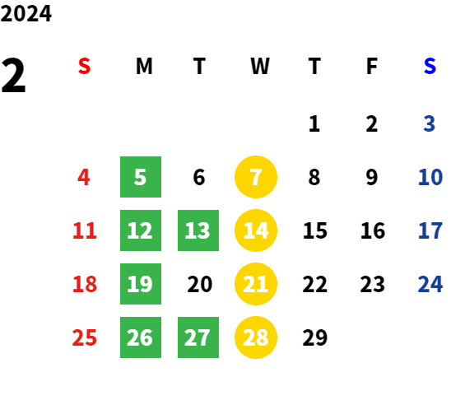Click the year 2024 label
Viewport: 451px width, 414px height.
coord(26,13)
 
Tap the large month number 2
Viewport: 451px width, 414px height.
coord(13,75)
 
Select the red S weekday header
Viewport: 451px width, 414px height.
coord(84,66)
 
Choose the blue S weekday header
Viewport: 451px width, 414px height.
coord(430,66)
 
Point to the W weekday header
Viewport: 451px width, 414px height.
coord(260,66)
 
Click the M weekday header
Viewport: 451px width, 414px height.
coord(144,66)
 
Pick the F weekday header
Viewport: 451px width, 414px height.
coord(372,66)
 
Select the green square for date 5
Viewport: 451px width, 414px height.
coord(141,177)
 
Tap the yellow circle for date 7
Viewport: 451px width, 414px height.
coord(256,177)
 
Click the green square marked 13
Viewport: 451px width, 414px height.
coord(198,230)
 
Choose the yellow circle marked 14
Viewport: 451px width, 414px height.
coord(256,230)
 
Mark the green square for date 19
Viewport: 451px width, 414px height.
coord(141,284)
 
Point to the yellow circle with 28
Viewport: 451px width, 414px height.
coord(256,337)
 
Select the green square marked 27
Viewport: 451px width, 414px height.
coord(198,337)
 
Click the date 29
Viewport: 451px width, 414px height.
coord(315,337)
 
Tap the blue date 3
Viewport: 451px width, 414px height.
coord(430,123)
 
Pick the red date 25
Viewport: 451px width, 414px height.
coord(84,337)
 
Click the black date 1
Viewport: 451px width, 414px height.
coord(314,123)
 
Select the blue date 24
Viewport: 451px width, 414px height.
coord(430,284)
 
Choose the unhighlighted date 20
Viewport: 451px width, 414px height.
coord(200,284)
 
